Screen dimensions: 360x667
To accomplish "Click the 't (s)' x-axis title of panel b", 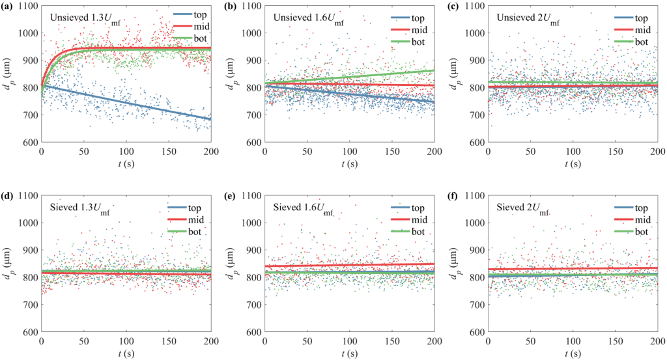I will (x=349, y=163).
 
